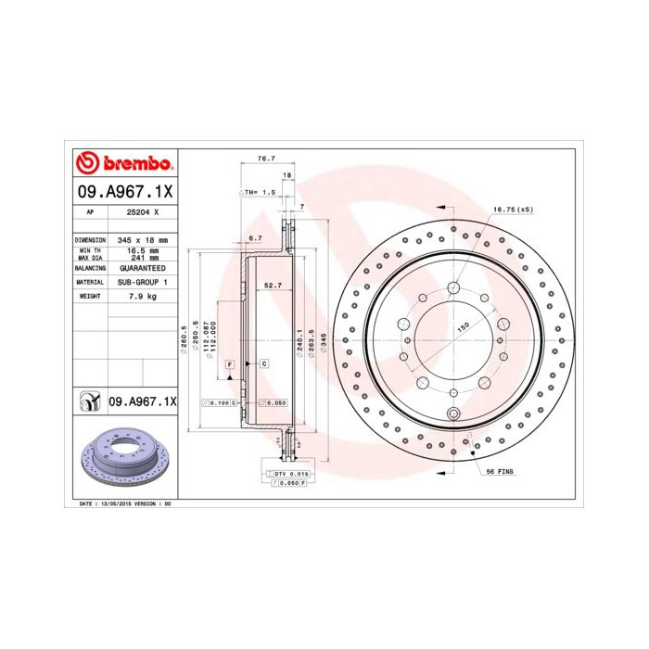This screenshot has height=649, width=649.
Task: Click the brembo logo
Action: (x=123, y=164)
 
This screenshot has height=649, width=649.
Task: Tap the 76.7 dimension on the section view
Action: (x=265, y=159)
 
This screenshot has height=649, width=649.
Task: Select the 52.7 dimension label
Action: (x=273, y=286)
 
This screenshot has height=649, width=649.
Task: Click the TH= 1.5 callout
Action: (x=259, y=192)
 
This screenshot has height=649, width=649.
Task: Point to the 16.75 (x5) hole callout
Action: (x=513, y=209)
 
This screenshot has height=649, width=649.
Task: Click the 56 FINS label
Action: (x=500, y=471)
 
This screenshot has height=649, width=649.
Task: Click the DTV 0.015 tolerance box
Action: (x=288, y=474)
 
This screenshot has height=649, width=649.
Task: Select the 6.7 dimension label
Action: (x=256, y=238)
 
